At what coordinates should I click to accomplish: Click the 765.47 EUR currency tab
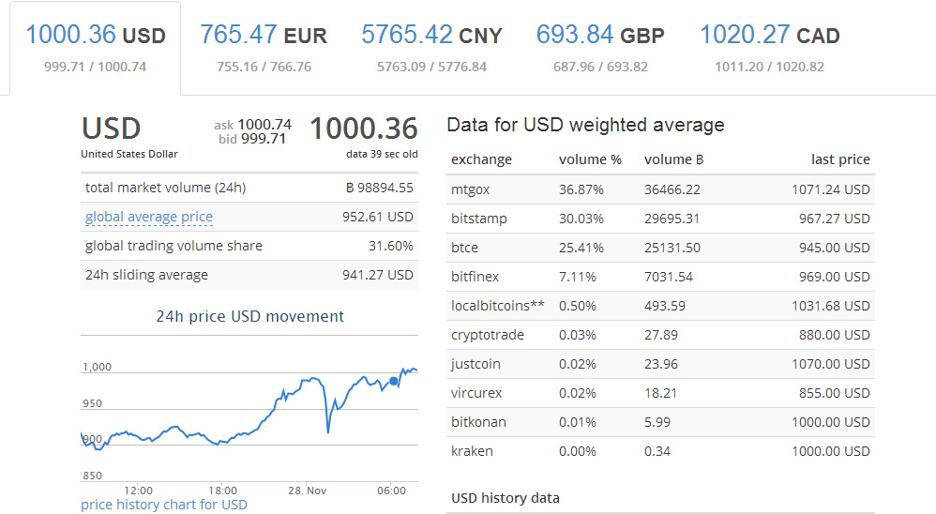click(x=264, y=48)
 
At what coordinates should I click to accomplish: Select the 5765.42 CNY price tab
click(x=431, y=48)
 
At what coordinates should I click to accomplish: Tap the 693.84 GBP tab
click(x=600, y=48)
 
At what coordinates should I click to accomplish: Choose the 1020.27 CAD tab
click(x=769, y=48)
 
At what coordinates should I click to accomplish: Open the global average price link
click(x=148, y=217)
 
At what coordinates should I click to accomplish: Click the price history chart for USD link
click(x=163, y=505)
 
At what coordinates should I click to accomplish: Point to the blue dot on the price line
click(x=393, y=381)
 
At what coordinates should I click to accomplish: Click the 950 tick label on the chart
click(x=93, y=403)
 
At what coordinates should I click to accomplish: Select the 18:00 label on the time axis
click(x=222, y=491)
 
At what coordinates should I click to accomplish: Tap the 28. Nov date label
click(x=307, y=491)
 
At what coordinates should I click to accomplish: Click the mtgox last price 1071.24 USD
click(x=830, y=189)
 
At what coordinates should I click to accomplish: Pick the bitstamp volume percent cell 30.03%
click(x=581, y=219)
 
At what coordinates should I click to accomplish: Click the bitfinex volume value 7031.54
click(x=669, y=277)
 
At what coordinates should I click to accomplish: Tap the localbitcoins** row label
click(x=498, y=306)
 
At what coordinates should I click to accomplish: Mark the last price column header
click(x=840, y=159)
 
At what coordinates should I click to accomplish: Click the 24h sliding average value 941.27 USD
click(x=377, y=275)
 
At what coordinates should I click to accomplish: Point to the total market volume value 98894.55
click(x=380, y=188)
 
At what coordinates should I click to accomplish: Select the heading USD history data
click(x=505, y=498)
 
